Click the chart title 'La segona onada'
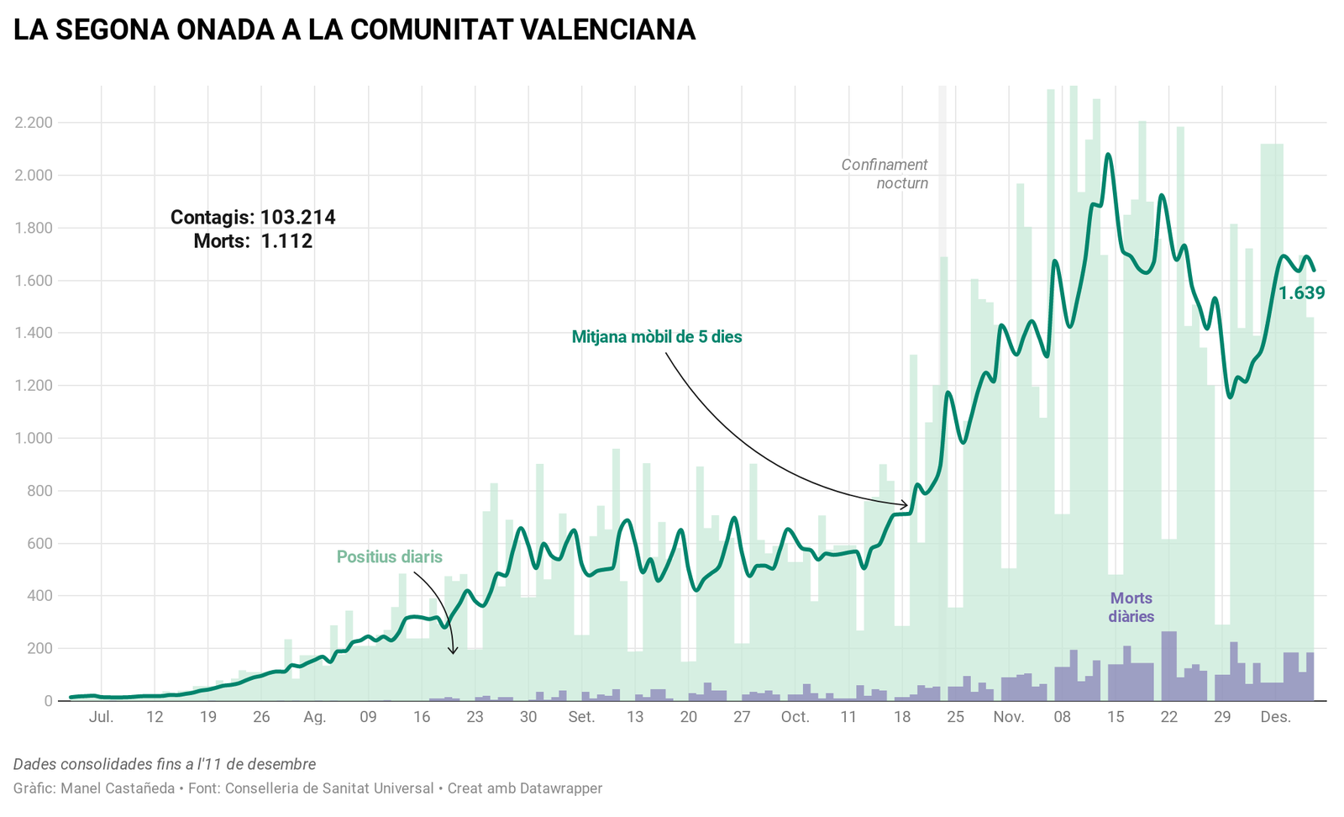coord(354,30)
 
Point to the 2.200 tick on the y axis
coord(34,123)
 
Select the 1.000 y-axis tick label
coord(34,438)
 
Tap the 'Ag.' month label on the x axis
coord(314,717)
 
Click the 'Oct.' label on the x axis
coord(795,717)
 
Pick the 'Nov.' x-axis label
coord(1008,717)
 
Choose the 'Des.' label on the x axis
coord(1275,717)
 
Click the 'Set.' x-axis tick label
coord(581,717)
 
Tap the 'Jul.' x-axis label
coord(101,717)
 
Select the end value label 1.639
coord(1301,293)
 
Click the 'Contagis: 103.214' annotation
coord(253,218)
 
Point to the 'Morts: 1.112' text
coord(253,242)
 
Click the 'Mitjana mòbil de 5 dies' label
coord(657,337)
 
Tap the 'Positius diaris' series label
coord(389,556)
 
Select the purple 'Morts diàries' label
coord(1131,607)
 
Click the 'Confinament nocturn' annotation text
coord(885,174)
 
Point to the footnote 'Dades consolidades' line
coord(165,764)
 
